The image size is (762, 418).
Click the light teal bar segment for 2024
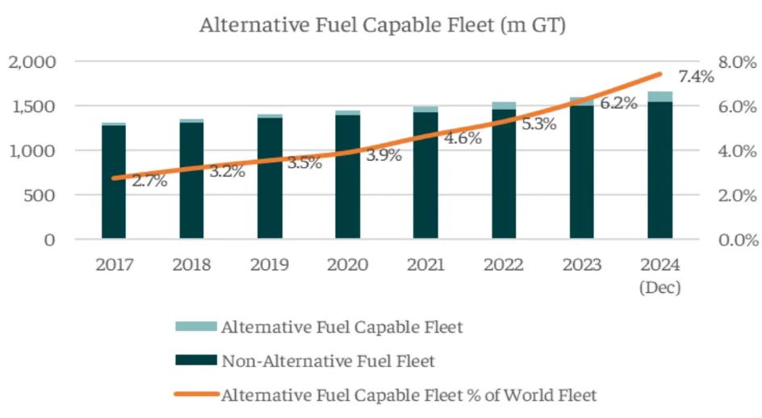[659, 96]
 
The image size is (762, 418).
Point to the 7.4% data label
[696, 77]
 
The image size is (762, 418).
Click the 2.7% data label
[149, 181]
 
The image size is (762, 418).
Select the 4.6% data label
[463, 138]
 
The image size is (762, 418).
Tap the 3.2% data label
[227, 171]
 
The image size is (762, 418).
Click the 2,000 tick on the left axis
[32, 62]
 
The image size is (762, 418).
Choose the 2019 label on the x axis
[270, 265]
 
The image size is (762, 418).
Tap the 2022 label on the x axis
[504, 265]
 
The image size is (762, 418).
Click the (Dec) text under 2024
[659, 287]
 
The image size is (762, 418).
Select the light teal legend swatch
[196, 327]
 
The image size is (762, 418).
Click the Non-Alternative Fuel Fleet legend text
[329, 361]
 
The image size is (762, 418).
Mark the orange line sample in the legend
[196, 395]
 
